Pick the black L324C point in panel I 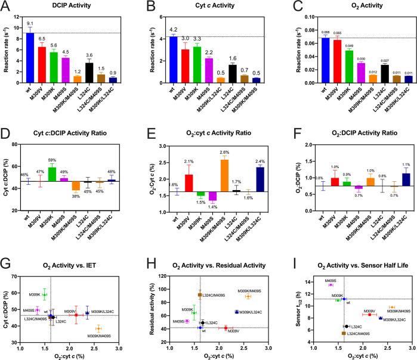tap(347, 326)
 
